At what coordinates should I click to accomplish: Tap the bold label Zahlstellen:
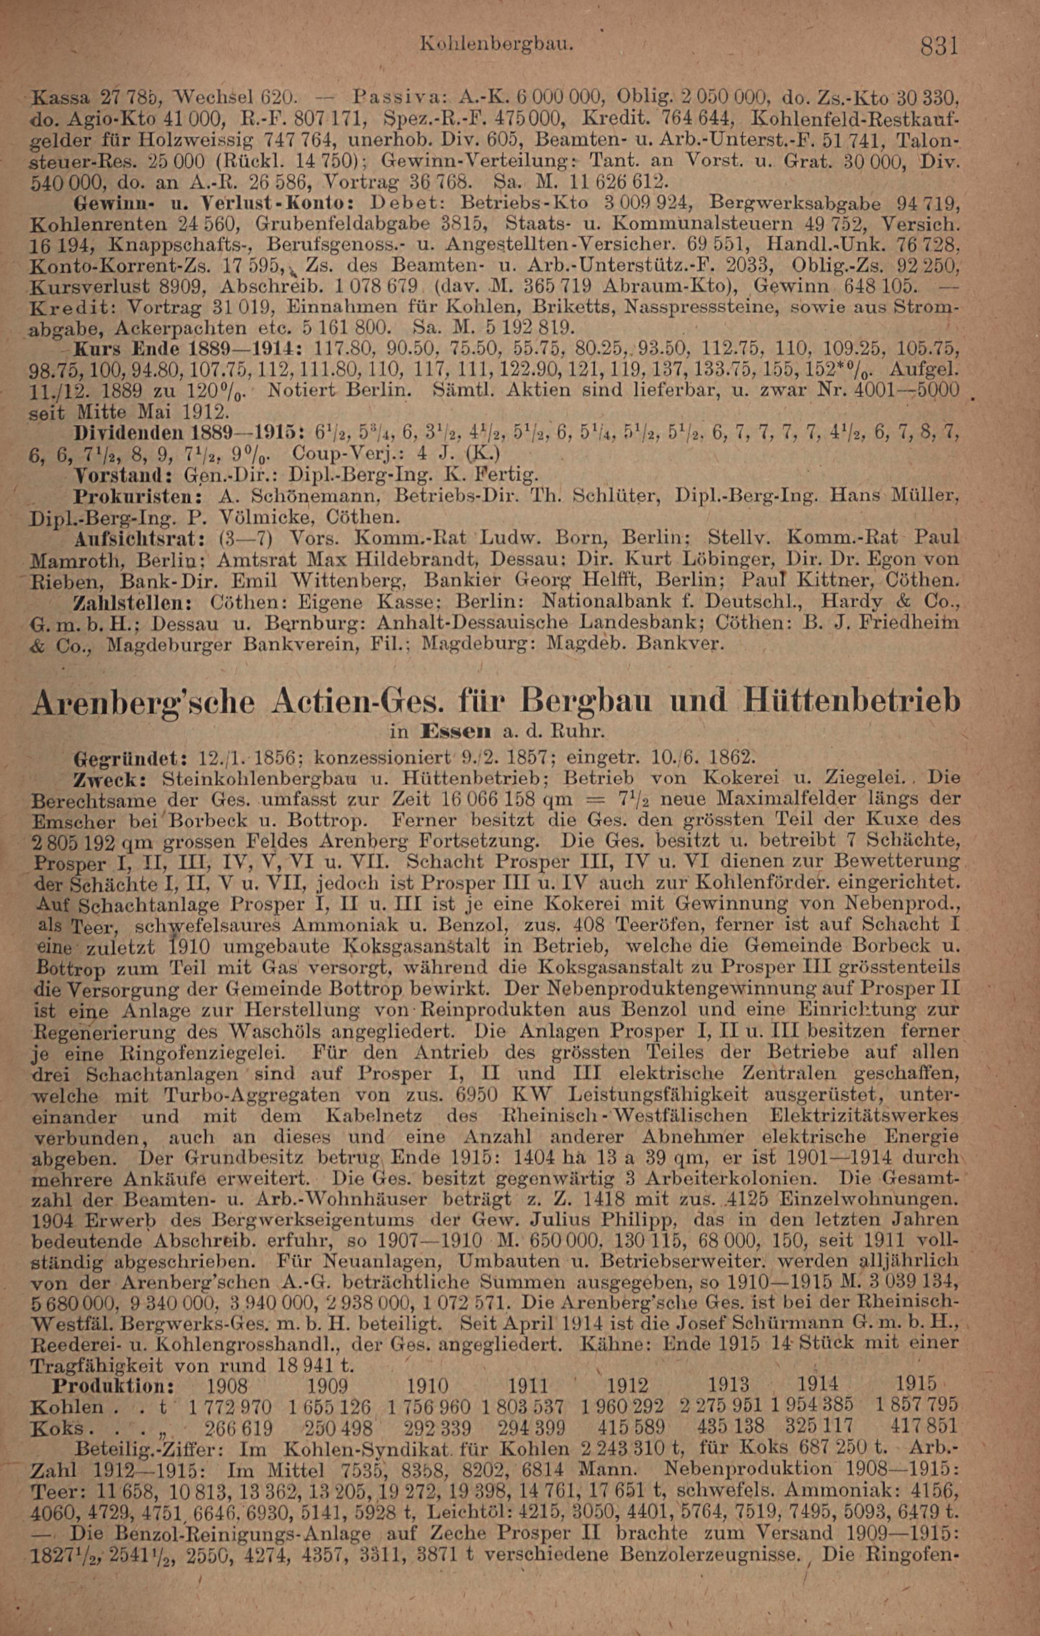135,602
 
